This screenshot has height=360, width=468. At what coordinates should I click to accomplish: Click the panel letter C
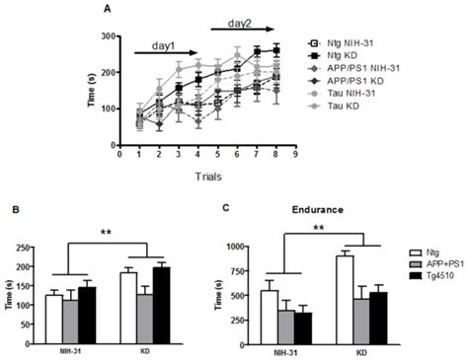pyautogui.click(x=230, y=209)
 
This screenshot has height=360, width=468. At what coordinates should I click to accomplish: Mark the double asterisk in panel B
pyautogui.click(x=107, y=235)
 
